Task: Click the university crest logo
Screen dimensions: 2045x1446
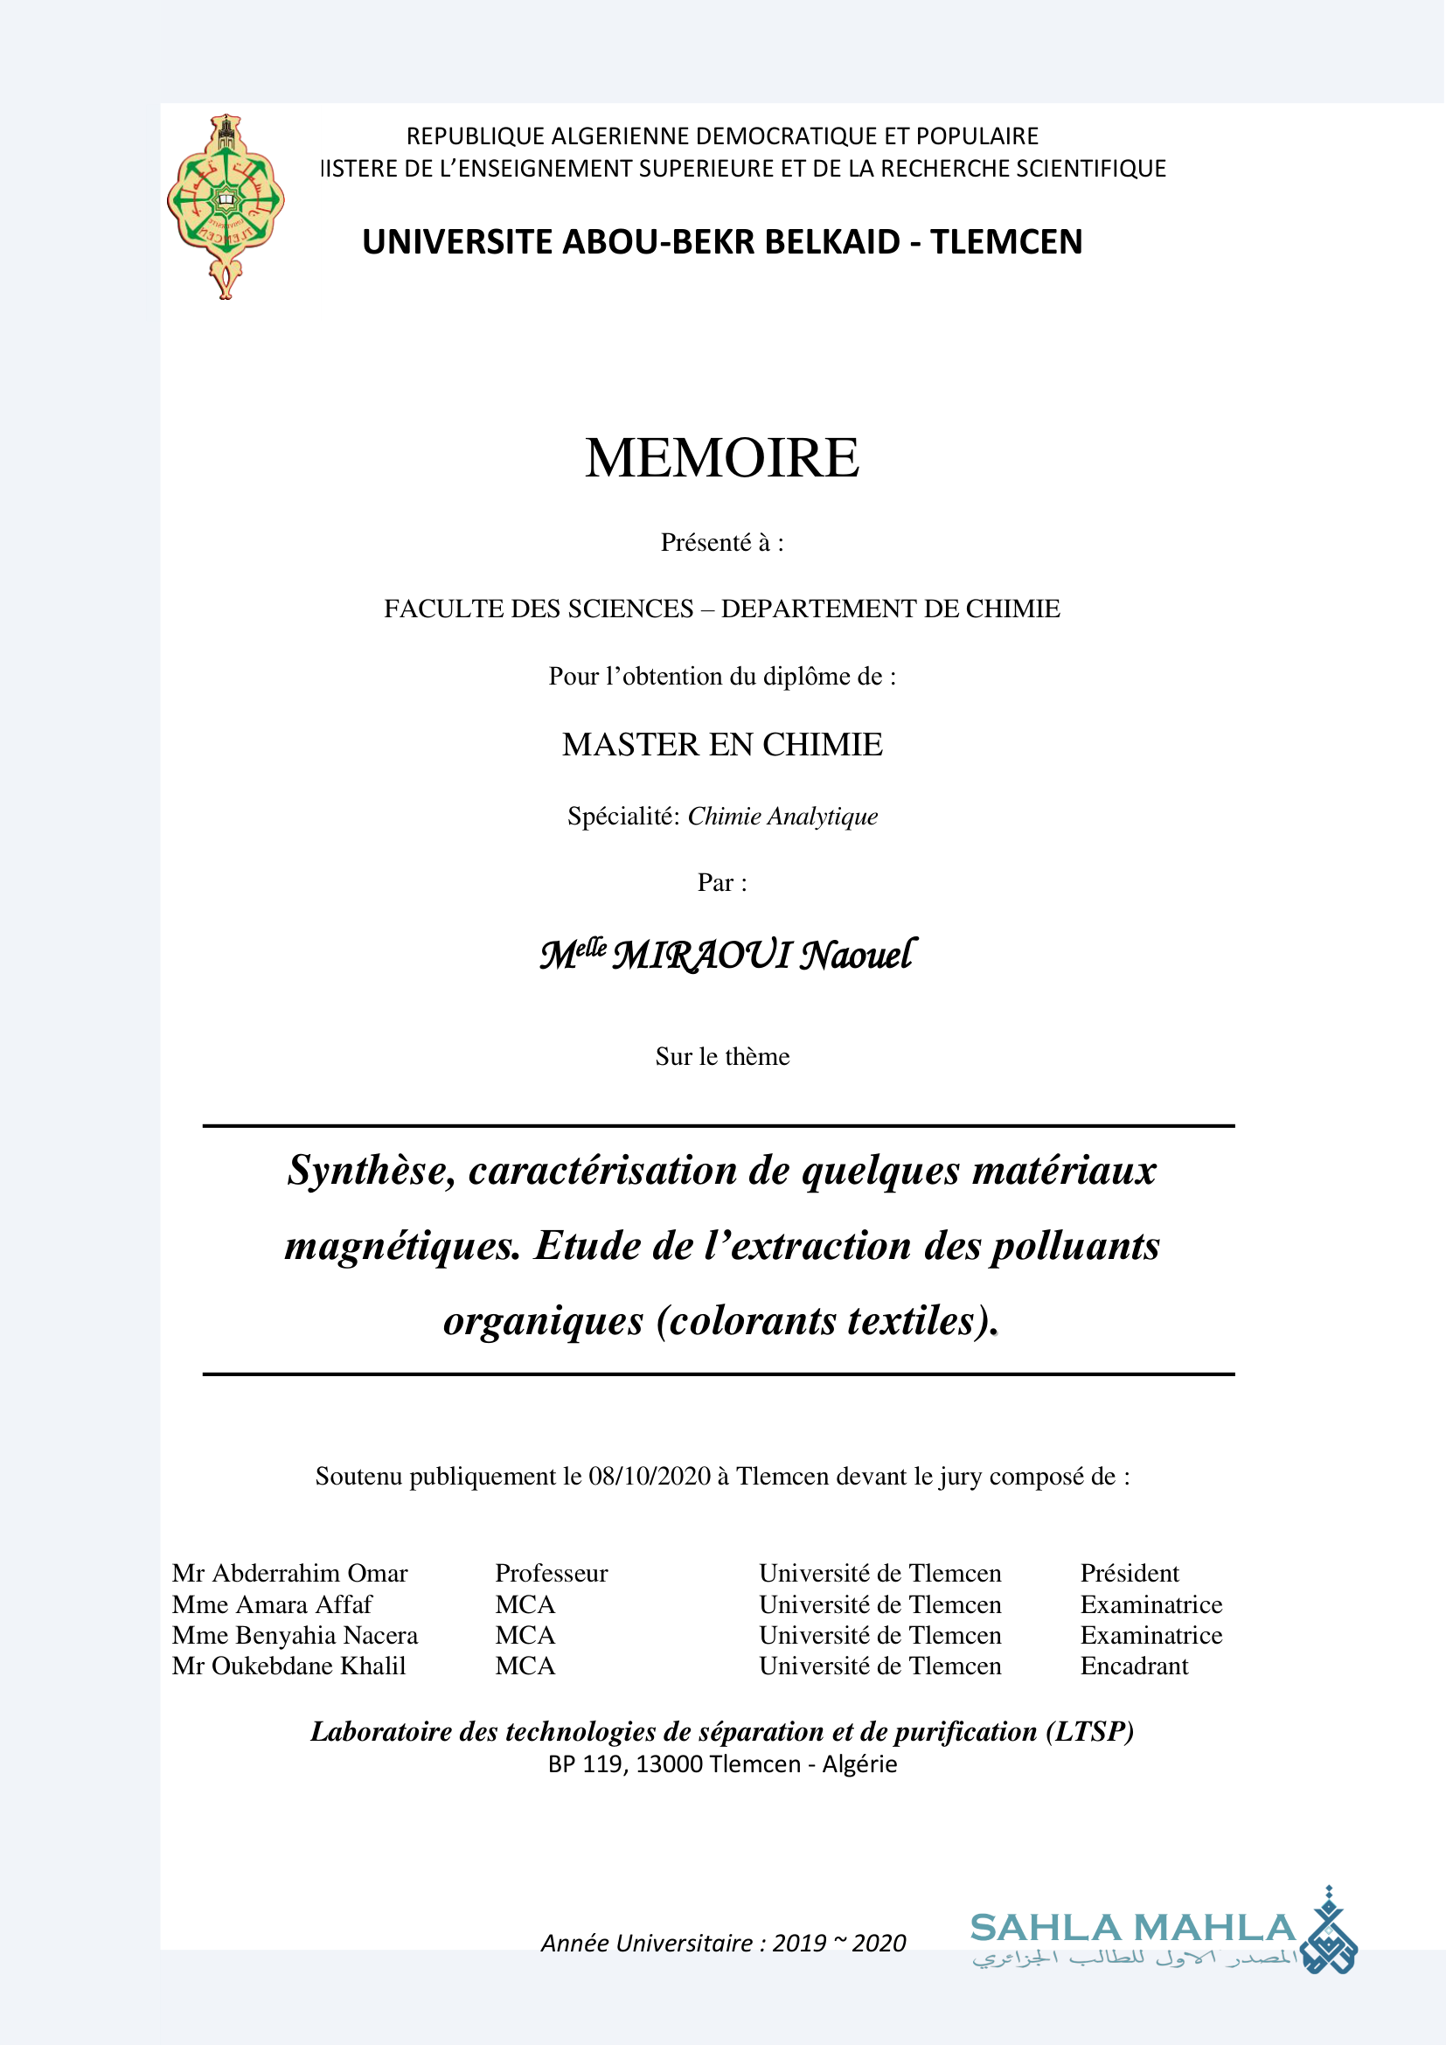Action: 226,205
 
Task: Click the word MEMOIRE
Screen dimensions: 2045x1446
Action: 722,458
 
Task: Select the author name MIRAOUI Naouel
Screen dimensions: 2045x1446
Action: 764,955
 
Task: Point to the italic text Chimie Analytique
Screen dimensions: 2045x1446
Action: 782,816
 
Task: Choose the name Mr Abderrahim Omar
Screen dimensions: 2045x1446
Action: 289,1573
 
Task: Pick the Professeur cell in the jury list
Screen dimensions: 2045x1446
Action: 551,1573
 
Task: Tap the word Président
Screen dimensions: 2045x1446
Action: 1129,1573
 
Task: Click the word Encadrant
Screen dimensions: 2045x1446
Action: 1134,1666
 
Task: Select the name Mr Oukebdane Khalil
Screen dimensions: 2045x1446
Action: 289,1666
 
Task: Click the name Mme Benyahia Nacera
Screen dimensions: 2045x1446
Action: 295,1635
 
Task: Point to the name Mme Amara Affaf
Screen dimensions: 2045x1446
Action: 272,1604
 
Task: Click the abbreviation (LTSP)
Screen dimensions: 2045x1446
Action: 1090,1730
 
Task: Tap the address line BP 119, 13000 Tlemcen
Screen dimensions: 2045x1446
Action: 722,1763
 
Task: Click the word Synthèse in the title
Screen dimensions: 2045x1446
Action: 372,1171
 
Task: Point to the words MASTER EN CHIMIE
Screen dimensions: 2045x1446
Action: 722,745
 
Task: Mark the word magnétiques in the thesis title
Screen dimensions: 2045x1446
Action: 402,1246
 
